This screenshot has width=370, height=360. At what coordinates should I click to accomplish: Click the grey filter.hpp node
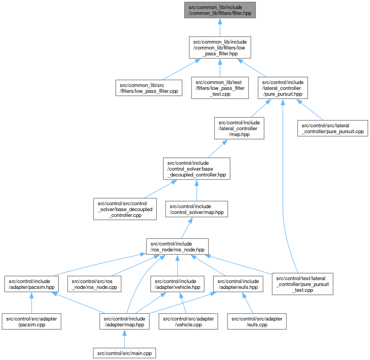pos(220,10)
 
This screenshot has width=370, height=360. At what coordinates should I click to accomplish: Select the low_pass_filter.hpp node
pos(220,47)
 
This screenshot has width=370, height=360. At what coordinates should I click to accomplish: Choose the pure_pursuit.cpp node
pos(333,128)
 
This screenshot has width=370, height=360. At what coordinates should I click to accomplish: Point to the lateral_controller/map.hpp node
pos(239,128)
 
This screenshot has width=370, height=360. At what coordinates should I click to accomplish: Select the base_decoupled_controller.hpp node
pos(197,169)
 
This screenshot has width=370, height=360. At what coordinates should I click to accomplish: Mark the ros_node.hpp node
pos(177,247)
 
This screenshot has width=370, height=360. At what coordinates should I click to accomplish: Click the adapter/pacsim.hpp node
pos(32,284)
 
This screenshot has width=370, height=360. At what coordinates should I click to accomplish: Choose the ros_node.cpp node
pos(93,284)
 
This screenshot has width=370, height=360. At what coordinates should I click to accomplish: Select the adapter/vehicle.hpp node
pos(178,284)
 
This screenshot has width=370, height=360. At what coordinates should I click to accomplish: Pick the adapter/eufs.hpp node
pos(238,284)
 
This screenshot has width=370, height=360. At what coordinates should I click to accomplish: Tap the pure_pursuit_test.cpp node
pos(303,284)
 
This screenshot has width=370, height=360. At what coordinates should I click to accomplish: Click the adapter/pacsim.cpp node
pos(32,321)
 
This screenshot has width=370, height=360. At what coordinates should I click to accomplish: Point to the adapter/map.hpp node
pos(124,321)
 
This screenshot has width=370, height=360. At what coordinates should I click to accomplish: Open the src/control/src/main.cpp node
pos(124,353)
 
